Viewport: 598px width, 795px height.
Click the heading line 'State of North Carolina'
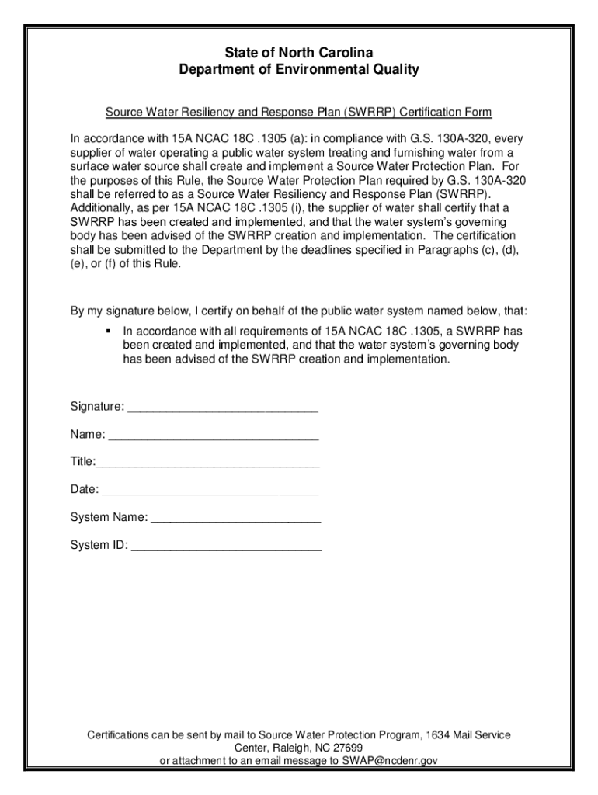(299, 52)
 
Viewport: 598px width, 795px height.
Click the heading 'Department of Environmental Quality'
(299, 70)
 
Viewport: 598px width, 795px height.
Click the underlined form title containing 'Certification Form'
(299, 113)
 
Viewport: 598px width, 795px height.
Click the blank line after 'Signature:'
(223, 408)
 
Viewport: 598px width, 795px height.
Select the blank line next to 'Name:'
(214, 436)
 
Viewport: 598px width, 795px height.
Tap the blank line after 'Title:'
(207, 463)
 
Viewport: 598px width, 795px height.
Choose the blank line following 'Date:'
(210, 491)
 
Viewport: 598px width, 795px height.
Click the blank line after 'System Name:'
(235, 518)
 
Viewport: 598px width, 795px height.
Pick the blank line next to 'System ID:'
(226, 546)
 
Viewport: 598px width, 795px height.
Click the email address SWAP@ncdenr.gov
(386, 761)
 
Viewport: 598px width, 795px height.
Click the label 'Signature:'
(97, 408)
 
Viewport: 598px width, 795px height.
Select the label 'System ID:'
(99, 545)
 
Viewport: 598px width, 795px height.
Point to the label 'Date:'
(85, 490)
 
